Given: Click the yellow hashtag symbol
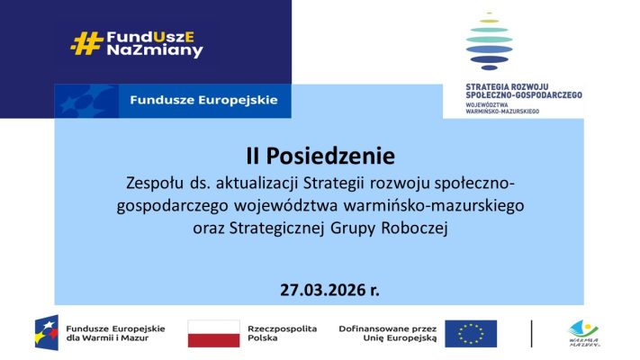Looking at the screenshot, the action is (86, 43).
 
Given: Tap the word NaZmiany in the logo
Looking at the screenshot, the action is (155, 50).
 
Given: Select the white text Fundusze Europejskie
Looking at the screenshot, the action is (203, 100).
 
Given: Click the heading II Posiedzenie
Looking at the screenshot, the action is (320, 156).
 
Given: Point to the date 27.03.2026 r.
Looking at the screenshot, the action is (329, 290).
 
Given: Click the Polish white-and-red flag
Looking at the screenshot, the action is (213, 334).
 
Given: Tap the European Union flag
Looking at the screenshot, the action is (471, 334).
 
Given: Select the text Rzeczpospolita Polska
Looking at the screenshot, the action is (282, 333).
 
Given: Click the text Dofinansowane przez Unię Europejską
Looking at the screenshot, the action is (388, 333).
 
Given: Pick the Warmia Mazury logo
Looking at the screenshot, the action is (584, 333).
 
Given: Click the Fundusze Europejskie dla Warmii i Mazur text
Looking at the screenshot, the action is (115, 333).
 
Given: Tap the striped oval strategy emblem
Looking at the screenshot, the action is (489, 41).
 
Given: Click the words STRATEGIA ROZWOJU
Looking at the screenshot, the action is (507, 87).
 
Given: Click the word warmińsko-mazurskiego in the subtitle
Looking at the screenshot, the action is (434, 205).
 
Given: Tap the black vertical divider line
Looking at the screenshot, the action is (531, 334).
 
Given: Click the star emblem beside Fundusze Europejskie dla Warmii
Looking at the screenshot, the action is (47, 333).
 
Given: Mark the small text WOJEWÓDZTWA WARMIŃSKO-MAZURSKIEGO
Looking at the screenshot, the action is (502, 108).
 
